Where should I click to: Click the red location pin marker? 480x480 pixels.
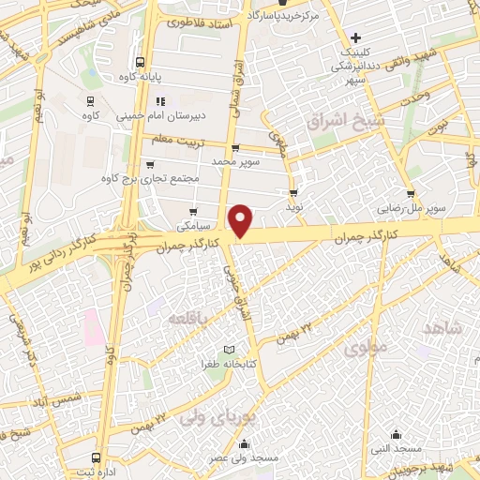[x=241, y=219]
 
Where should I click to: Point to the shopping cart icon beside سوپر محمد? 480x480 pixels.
[x=235, y=148]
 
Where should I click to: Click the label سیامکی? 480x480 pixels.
[x=194, y=226]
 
